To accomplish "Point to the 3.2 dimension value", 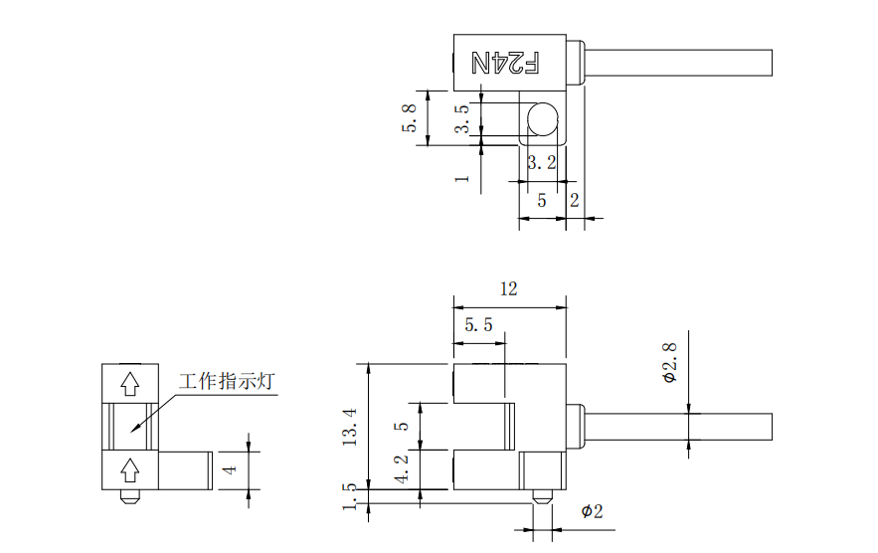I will coord(541,161).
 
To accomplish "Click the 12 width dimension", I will coord(509,288).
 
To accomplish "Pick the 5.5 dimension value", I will coord(478,325).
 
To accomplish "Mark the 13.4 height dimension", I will coord(350,427).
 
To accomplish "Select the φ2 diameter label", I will coord(592,511).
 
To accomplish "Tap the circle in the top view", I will coord(544,119).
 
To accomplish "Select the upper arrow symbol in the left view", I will coord(129,382).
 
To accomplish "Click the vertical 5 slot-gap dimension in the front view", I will coord(402,425).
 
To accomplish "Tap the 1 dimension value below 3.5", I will coord(461,177).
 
